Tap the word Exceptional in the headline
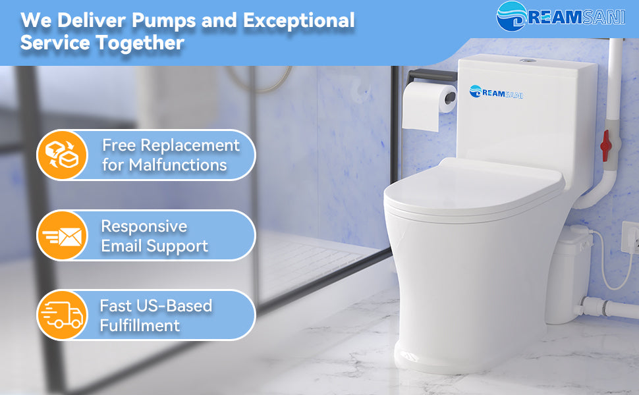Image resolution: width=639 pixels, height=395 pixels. [x=298, y=20]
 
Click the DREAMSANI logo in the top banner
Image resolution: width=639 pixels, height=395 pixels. [x=561, y=16]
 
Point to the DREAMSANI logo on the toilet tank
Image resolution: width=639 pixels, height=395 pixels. [x=496, y=92]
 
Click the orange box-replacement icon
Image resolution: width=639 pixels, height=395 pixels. [x=63, y=155]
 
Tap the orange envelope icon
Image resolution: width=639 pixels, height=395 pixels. [x=63, y=236]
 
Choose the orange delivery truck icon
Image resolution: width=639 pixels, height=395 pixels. [x=63, y=315]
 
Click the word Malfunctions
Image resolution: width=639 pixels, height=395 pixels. [x=178, y=165]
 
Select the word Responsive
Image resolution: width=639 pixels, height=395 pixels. [x=144, y=226]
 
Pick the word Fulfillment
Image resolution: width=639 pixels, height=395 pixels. [x=140, y=325]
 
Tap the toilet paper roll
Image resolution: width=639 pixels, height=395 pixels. [x=429, y=105]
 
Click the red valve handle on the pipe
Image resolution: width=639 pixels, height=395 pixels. [x=605, y=145]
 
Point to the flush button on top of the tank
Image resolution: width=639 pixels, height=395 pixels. [x=527, y=61]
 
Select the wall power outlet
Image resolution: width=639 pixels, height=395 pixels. [x=630, y=238]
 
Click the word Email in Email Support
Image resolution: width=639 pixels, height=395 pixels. [x=121, y=246]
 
